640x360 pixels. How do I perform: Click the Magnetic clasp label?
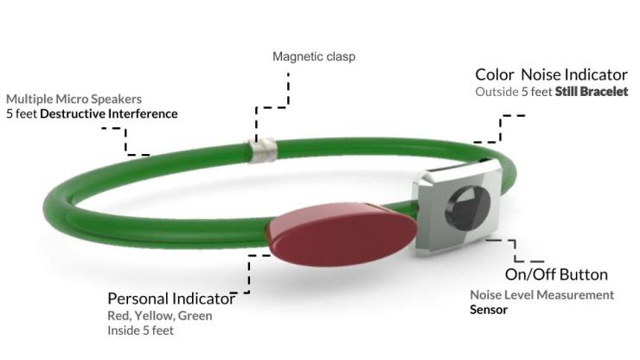(x=314, y=57)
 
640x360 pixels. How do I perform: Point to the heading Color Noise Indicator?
(x=551, y=75)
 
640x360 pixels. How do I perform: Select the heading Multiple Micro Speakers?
(x=74, y=99)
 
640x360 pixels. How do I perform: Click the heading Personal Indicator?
(x=170, y=299)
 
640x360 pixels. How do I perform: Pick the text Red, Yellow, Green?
(x=159, y=316)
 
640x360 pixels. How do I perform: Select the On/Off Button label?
(x=556, y=274)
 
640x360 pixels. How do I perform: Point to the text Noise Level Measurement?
(x=541, y=294)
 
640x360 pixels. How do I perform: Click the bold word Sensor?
(x=489, y=309)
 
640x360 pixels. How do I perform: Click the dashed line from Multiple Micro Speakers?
(x=126, y=140)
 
